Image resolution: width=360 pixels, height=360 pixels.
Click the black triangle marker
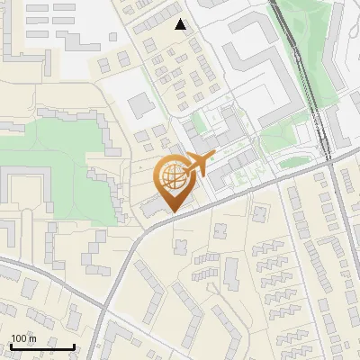point(182,24)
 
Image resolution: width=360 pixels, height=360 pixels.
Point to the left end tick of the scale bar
point(10,346)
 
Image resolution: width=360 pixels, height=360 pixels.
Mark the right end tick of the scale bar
point(75,346)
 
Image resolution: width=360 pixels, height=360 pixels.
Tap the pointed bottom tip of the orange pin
point(171,212)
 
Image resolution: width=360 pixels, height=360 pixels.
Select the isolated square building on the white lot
point(141,105)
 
